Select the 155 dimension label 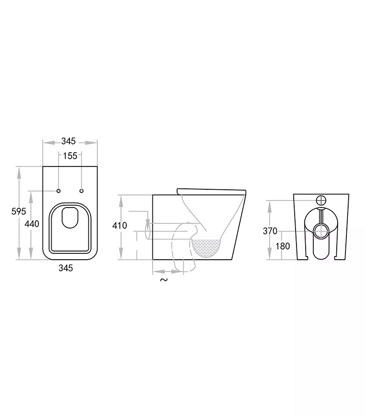click(x=70, y=156)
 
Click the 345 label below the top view click(x=66, y=268)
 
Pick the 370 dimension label click(x=270, y=231)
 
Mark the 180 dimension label click(x=283, y=246)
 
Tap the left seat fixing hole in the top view click(x=59, y=190)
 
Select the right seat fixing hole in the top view click(x=81, y=190)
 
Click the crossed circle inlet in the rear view click(x=322, y=200)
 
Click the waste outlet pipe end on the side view click(x=148, y=230)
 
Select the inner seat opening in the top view click(x=70, y=218)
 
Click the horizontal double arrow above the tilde click(x=168, y=272)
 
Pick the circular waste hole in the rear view click(x=322, y=229)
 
